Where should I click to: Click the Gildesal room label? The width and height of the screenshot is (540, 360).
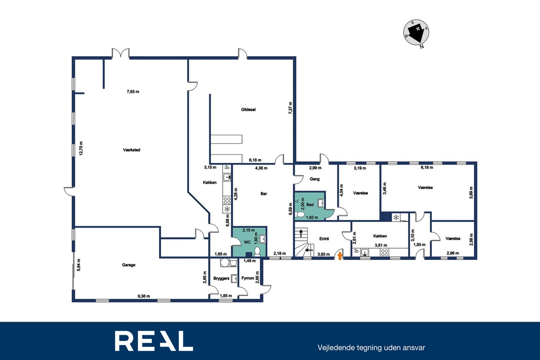pos(248,109)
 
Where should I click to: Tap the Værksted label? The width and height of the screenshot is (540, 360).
pos(132,150)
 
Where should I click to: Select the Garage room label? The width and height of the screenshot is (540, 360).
pos(129,265)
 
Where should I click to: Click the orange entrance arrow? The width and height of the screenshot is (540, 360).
pos(340,256)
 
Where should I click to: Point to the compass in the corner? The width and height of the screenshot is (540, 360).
pos(416,33)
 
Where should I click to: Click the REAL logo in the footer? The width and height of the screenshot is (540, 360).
pos(154,341)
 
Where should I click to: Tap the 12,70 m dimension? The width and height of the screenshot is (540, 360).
pos(81,148)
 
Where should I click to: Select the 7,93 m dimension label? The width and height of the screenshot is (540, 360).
pos(133,92)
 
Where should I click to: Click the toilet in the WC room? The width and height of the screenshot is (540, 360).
pos(257,251)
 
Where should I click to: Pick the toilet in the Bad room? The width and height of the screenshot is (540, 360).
pos(300,214)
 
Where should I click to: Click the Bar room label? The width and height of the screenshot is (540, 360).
pos(264,194)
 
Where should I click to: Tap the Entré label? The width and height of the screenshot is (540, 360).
pos(324,239)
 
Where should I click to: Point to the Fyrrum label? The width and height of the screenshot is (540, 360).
pos(248,278)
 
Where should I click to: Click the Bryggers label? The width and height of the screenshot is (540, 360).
pos(221,279)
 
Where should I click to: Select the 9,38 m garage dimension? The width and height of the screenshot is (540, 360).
pos(144,296)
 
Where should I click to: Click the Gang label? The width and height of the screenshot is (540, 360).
pos(315,179)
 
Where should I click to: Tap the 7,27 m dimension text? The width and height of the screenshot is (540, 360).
pos(291,108)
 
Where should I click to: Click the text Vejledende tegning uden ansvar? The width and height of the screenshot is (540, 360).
pos(371,348)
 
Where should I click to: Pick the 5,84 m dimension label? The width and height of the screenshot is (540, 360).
pos(78,265)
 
